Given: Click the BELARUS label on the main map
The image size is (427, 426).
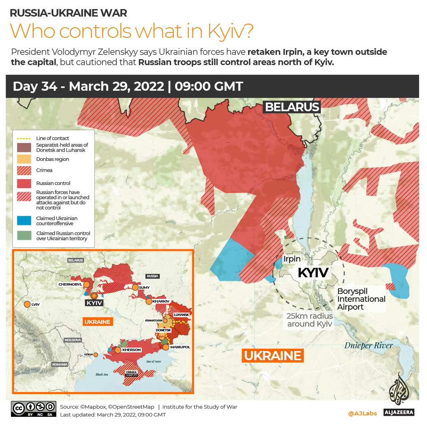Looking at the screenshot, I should pyautogui.click(x=292, y=107).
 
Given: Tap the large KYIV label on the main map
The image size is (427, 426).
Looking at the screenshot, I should pyautogui.click(x=313, y=273).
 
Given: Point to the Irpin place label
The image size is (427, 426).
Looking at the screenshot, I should pyautogui.click(x=292, y=259).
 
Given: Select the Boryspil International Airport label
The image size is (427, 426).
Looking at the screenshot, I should pyautogui.click(x=361, y=299).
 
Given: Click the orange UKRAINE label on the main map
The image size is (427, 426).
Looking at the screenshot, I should pyautogui.click(x=273, y=356).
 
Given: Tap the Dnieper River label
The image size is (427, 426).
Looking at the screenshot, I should pyautogui.click(x=368, y=346).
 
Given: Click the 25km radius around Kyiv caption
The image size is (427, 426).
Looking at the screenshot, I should pyautogui.click(x=310, y=320).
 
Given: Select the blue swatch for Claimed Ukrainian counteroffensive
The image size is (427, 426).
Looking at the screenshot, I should pyautogui.click(x=24, y=221).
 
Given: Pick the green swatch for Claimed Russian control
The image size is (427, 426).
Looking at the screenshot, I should pyautogui.click(x=24, y=236).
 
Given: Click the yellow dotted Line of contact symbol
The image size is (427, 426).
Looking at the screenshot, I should pyautogui.click(x=24, y=138).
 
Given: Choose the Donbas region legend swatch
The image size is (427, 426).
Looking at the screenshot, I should pyautogui.click(x=24, y=159).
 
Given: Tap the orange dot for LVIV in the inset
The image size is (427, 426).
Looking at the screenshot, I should pyautogui.click(x=27, y=305).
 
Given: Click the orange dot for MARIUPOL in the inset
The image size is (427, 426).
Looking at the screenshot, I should pyautogui.click(x=166, y=347).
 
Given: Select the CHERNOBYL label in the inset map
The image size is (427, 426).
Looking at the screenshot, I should pyautogui.click(x=70, y=284).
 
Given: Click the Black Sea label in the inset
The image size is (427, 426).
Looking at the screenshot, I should pyautogui.click(x=102, y=374).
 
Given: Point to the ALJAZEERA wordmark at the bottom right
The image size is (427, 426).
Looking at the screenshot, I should pyautogui.click(x=399, y=413).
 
